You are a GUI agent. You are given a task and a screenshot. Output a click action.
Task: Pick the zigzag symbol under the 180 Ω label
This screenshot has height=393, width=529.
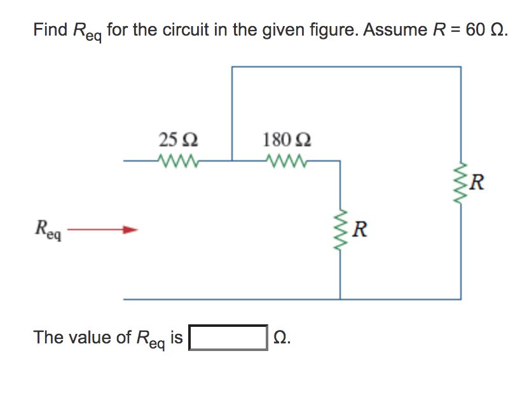tap(287, 160)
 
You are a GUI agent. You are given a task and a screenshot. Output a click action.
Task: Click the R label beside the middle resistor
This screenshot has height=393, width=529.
tap(360, 228)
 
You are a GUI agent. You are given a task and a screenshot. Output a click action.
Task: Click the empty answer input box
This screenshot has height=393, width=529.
tap(228, 338)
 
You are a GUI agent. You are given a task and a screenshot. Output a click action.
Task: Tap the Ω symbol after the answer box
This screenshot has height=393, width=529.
tap(280, 337)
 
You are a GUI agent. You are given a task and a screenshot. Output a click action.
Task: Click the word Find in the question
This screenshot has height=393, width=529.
tap(50, 30)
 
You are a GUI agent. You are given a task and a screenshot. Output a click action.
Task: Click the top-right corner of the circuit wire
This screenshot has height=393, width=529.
tap(461, 67)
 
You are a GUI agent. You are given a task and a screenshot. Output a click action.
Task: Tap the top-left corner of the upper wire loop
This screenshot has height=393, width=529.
tap(232, 67)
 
